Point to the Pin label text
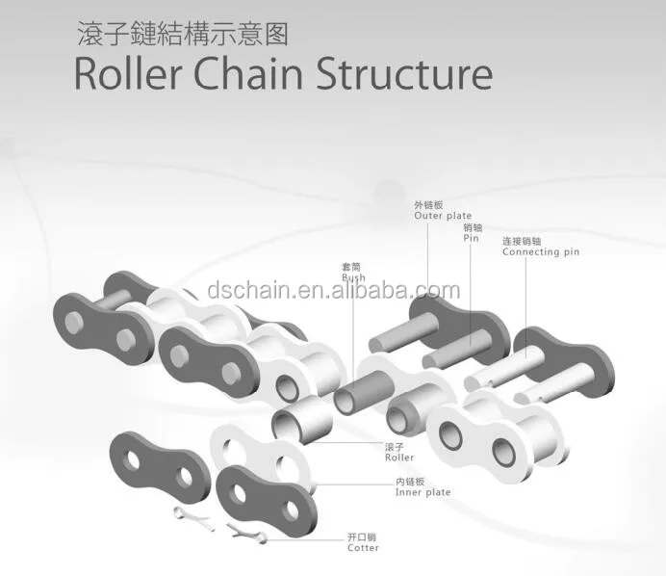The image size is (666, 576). [471, 237]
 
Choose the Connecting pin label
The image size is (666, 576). [541, 251]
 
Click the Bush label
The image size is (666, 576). [353, 277]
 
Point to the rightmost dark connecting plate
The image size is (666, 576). [563, 356]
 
